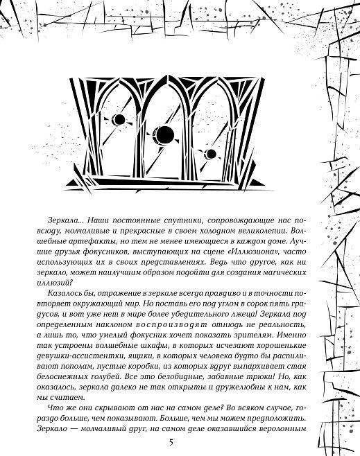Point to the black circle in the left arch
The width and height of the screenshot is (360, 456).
click(x=119, y=120)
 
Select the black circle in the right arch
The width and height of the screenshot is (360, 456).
click(x=211, y=153)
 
